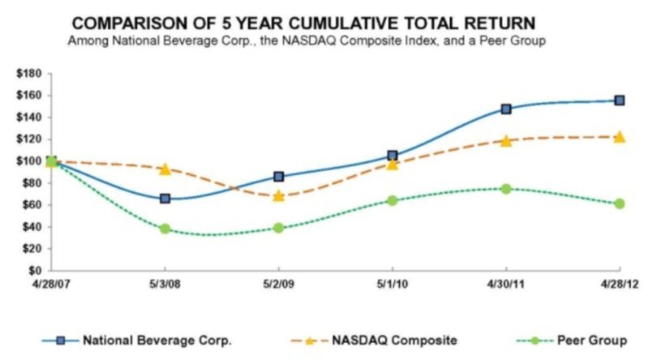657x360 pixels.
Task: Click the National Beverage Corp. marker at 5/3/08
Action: tap(165, 198)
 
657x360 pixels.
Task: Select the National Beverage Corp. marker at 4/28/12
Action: tap(620, 101)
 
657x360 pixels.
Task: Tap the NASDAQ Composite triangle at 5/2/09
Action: tap(279, 195)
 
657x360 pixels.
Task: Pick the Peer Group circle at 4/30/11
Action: tap(506, 189)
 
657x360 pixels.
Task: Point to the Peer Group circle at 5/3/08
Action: tap(165, 229)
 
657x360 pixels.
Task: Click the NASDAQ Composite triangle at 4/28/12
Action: tap(620, 137)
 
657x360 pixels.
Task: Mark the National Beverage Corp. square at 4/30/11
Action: tap(506, 109)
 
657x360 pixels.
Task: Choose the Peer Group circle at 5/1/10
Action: tap(393, 200)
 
